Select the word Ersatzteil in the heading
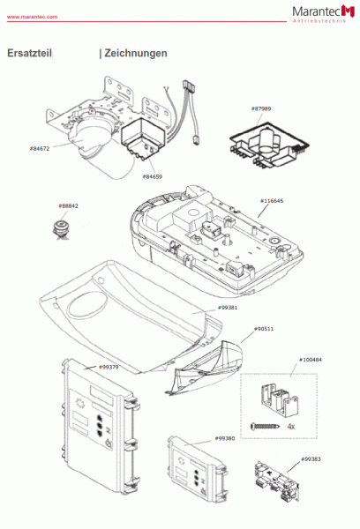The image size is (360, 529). coord(29,53)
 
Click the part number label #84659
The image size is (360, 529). coord(152,176)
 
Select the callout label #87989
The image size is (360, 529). coord(261,109)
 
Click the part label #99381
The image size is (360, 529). coord(229,308)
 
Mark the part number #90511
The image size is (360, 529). coord(263,329)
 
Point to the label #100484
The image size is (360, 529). coord(310,360)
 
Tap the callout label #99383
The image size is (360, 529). coord(311,459)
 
